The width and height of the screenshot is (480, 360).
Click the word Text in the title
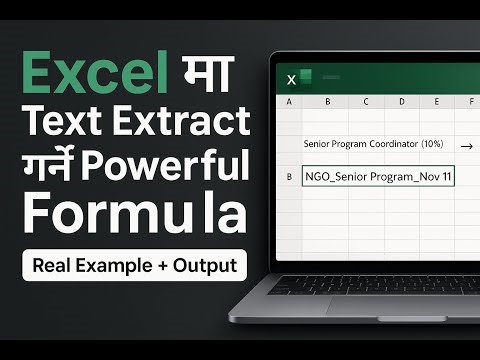65,123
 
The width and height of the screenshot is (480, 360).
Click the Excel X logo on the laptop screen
293,78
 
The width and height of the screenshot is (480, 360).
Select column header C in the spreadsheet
365,102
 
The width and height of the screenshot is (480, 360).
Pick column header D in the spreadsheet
401,102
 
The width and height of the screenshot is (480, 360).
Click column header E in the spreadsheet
436,102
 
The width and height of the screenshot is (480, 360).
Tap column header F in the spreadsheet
469,102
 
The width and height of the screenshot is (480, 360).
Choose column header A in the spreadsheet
289,102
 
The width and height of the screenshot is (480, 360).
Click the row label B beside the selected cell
289,177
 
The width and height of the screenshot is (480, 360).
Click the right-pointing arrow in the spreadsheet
466,146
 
